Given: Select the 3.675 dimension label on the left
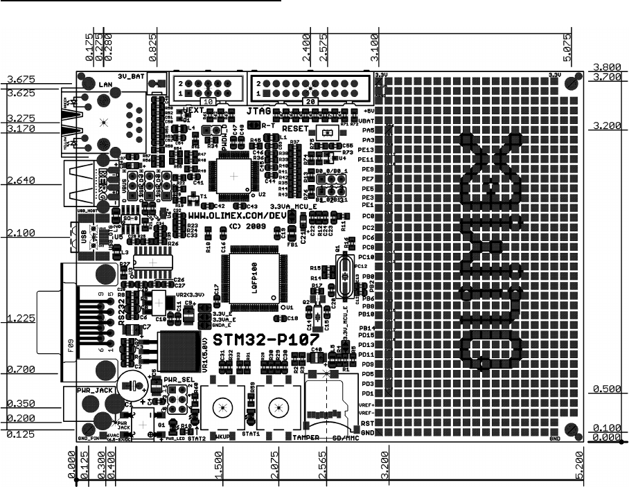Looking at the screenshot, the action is tap(21, 78).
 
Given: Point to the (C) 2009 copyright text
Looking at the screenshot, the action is tap(247, 227).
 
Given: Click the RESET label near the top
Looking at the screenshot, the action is tap(296, 129).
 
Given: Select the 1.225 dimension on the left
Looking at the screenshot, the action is tap(21, 319).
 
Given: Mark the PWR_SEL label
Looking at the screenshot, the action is tap(179, 380).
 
